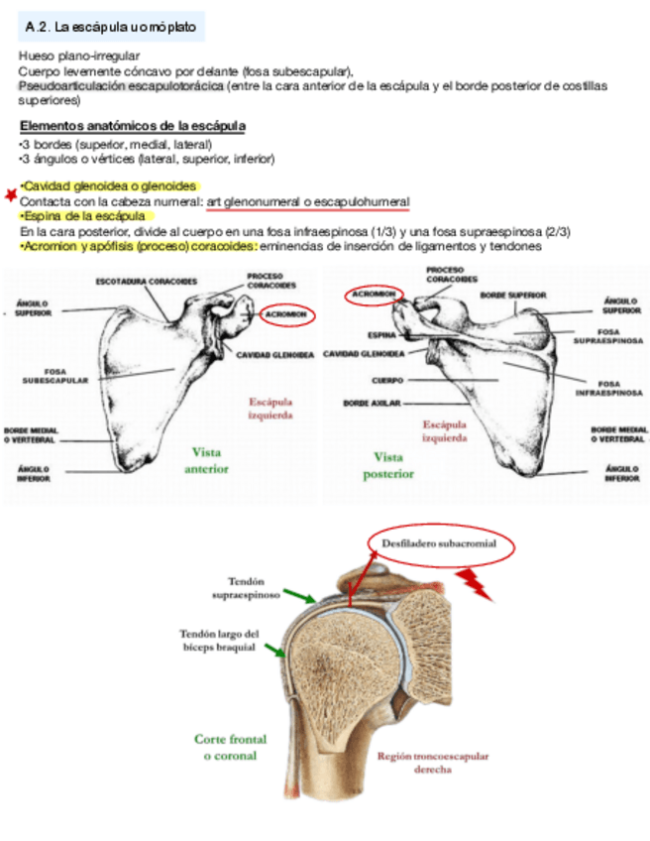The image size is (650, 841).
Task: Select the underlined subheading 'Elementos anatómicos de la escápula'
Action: [133, 127]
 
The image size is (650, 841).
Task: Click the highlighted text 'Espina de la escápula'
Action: [84, 216]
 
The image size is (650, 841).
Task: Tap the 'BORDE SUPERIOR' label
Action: [513, 295]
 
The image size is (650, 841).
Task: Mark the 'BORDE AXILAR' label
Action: [371, 404]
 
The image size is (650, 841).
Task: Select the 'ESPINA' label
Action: [381, 335]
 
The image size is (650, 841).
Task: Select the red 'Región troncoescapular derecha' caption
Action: [433, 762]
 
